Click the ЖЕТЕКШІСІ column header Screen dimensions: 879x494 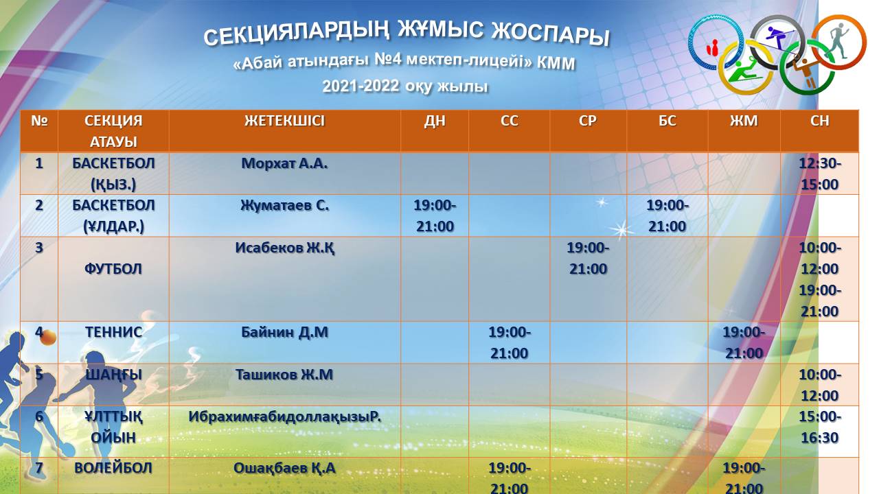[284, 121]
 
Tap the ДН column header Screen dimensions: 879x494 [435, 121]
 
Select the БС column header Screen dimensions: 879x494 [667, 121]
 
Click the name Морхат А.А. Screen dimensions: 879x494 [284, 163]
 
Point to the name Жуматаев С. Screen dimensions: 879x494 [284, 205]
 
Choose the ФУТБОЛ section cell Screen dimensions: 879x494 [113, 269]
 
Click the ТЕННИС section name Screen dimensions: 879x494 [113, 332]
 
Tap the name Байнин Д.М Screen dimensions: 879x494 [284, 332]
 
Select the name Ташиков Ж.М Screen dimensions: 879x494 [284, 375]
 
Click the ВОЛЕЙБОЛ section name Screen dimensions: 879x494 [113, 468]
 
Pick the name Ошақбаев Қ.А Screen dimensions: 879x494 [284, 468]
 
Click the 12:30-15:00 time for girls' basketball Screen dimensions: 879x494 [820, 174]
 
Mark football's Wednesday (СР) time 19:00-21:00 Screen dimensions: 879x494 [588, 259]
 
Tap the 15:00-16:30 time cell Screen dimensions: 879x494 [820, 427]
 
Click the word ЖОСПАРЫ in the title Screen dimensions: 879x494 [551, 34]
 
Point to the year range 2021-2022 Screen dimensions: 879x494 [361, 86]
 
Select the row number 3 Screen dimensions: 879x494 [39, 248]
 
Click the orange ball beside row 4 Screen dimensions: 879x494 [48, 338]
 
